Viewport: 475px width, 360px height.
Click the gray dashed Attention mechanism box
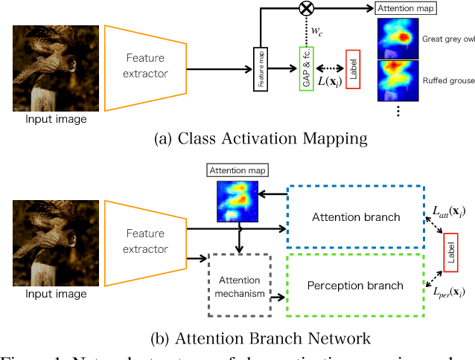(x=239, y=286)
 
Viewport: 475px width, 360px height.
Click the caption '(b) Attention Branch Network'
(x=239, y=338)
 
